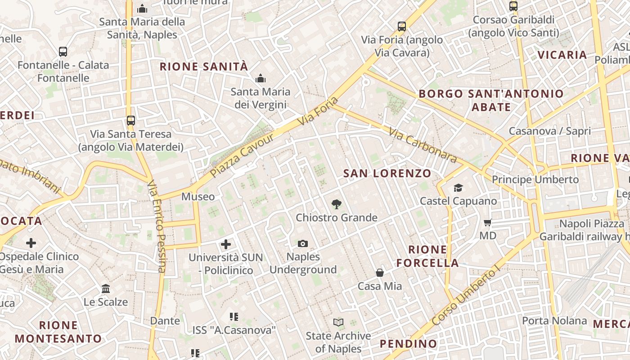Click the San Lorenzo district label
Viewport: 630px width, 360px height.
(x=387, y=173)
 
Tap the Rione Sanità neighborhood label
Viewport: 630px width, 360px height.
(x=204, y=67)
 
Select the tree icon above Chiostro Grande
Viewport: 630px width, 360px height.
(x=336, y=204)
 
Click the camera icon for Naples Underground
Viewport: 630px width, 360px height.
(x=303, y=243)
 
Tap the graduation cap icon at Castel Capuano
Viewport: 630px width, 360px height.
(x=458, y=188)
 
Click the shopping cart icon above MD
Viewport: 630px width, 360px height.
(x=487, y=222)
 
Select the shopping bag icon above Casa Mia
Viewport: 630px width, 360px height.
(x=380, y=273)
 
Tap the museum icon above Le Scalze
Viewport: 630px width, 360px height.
(x=106, y=288)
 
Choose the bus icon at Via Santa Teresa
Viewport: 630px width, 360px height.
(x=131, y=121)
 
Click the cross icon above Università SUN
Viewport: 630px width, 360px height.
(x=226, y=244)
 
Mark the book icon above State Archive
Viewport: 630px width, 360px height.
(x=338, y=322)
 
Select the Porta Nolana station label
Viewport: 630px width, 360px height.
(x=554, y=321)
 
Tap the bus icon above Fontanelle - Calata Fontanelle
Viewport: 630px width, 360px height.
(x=63, y=52)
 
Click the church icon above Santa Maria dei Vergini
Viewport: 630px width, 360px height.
(x=260, y=79)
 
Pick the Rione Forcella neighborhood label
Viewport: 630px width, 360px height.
(x=427, y=256)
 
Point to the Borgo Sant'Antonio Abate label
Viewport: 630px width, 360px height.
(x=491, y=100)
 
